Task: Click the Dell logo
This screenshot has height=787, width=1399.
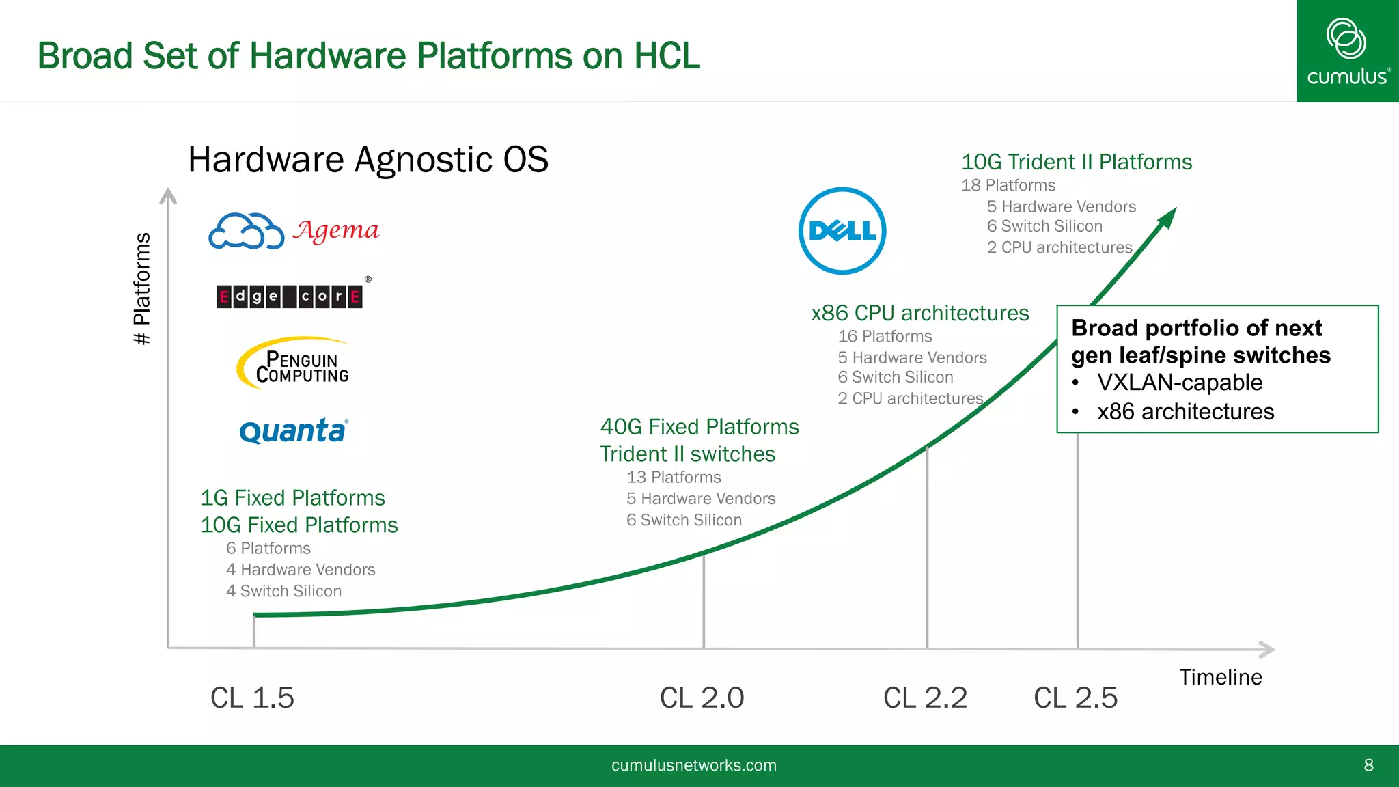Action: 842,231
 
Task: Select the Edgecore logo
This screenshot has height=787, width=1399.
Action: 290,296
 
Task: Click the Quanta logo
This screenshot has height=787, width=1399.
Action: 294,431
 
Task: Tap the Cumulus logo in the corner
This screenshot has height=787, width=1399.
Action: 1347,51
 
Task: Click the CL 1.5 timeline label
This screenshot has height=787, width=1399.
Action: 252,698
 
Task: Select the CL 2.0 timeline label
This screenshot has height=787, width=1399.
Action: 702,698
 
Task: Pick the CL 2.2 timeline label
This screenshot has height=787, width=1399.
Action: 925,698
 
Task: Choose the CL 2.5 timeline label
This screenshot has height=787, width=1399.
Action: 1075,698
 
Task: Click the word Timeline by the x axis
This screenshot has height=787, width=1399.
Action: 1220,676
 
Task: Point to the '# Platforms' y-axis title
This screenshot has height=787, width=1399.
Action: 142,288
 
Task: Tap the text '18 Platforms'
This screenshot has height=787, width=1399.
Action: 1008,185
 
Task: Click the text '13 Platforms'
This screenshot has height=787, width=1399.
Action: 674,477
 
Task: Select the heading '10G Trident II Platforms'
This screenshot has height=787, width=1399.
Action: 1076,162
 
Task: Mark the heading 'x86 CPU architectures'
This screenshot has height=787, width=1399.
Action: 919,313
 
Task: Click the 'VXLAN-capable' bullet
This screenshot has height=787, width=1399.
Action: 1179,383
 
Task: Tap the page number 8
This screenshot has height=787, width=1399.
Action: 1368,765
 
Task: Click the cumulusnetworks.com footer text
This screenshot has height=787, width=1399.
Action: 693,765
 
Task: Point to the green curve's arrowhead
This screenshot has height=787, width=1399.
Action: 1168,218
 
